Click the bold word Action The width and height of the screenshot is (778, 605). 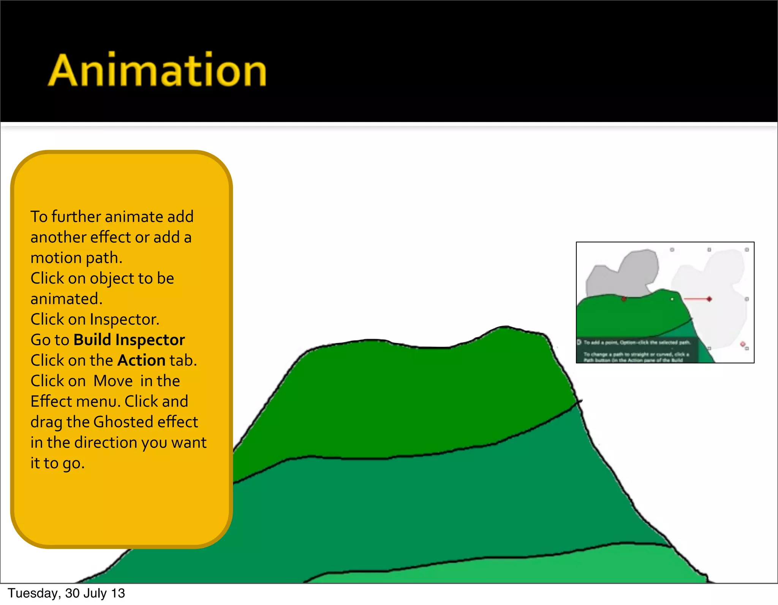click(x=141, y=360)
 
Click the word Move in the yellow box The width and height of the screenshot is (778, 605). click(x=113, y=381)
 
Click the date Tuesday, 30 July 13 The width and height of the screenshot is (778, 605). click(x=66, y=593)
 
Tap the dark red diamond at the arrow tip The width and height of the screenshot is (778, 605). click(x=709, y=299)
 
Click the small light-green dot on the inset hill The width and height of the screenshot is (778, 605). click(x=672, y=299)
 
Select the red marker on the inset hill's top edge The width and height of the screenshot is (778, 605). click(x=623, y=299)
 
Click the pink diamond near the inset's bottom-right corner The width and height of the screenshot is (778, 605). click(x=742, y=344)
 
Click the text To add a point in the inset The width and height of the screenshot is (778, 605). click(x=600, y=343)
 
